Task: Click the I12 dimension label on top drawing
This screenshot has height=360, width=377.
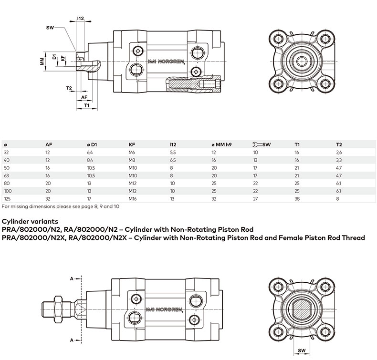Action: click(x=80, y=18)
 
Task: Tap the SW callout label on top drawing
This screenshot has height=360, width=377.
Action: click(x=49, y=28)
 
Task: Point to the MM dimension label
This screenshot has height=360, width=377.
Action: click(x=42, y=61)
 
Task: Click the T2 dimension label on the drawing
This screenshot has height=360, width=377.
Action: click(x=69, y=88)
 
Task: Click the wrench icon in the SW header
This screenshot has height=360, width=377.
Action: click(x=255, y=144)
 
